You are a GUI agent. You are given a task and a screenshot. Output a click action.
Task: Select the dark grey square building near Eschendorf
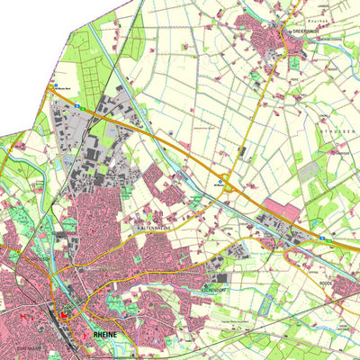(x=222, y=279)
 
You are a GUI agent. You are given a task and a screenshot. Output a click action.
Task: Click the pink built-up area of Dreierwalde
(x=270, y=40)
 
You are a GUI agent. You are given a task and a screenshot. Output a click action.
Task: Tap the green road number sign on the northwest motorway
(x=79, y=106)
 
